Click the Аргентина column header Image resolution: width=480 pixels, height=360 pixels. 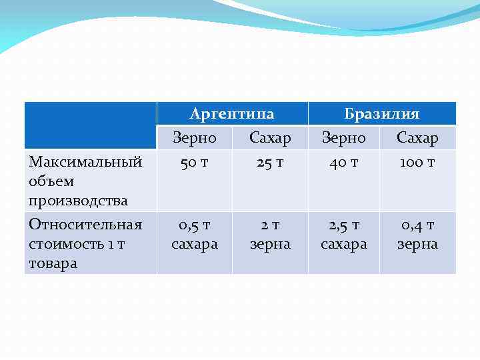[x=232, y=114]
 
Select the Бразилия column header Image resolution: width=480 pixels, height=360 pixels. [x=381, y=114]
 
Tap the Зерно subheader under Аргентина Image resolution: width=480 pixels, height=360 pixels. [x=195, y=138]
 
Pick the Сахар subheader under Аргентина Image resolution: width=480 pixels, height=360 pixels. [x=270, y=138]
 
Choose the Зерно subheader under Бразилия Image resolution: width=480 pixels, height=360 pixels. [x=344, y=138]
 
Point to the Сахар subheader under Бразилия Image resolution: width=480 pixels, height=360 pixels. [x=417, y=138]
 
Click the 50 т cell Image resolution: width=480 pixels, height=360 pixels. [x=195, y=162]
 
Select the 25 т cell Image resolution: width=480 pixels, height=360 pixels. [x=270, y=162]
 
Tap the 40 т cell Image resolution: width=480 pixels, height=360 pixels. [x=344, y=162]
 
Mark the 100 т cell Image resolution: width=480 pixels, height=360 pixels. [x=417, y=162]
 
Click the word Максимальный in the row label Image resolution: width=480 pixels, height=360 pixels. [x=85, y=162]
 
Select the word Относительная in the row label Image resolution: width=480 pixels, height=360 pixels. [x=85, y=225]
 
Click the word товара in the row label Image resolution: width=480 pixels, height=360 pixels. [x=53, y=263]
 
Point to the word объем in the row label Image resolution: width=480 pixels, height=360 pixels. [x=51, y=181]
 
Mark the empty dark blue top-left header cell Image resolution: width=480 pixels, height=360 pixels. [x=91, y=125]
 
